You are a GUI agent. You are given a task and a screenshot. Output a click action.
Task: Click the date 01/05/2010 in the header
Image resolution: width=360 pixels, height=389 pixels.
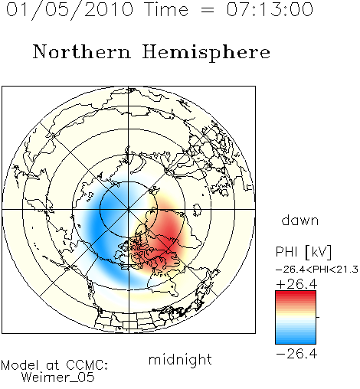(70, 10)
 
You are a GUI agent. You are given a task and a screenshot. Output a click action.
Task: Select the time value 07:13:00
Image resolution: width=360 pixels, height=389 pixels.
(270, 9)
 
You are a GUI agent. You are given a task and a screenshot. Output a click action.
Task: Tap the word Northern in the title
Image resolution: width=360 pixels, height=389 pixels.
(82, 51)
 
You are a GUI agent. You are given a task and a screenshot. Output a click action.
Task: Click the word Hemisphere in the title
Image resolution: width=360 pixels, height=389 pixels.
(206, 53)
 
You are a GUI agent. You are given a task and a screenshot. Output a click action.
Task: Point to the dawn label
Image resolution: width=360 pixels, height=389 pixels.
(300, 220)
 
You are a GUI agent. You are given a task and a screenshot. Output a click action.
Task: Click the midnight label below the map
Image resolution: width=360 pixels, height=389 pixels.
(180, 359)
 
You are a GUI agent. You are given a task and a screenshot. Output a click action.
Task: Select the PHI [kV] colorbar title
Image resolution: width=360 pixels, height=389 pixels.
(303, 252)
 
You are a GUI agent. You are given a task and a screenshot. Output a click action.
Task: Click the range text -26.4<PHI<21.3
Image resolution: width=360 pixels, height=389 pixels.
(317, 270)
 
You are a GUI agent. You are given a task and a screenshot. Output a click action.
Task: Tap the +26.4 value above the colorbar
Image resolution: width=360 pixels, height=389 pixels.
(296, 284)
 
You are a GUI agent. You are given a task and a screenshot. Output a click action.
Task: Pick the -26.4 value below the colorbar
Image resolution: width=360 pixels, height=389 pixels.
(296, 354)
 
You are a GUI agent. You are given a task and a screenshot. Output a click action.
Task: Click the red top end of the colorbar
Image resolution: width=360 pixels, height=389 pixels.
(296, 293)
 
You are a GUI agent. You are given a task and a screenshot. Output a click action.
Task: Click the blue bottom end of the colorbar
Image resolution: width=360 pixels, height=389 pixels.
(296, 342)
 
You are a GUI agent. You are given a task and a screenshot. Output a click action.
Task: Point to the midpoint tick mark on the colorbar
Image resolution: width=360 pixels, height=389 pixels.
(318, 317)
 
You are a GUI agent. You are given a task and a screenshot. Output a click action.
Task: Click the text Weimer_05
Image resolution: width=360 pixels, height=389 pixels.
(57, 378)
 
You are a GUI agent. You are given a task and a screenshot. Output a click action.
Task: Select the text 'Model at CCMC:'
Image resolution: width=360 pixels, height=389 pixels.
(54, 365)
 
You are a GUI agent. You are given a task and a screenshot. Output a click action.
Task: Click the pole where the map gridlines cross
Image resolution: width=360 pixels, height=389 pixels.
(129, 210)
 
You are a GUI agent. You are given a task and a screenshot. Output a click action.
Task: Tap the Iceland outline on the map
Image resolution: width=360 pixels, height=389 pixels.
(197, 210)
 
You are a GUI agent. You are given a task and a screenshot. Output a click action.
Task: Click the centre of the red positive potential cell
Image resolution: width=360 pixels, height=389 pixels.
(167, 236)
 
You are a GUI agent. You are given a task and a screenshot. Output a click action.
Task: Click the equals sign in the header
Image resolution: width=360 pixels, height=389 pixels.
(207, 10)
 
